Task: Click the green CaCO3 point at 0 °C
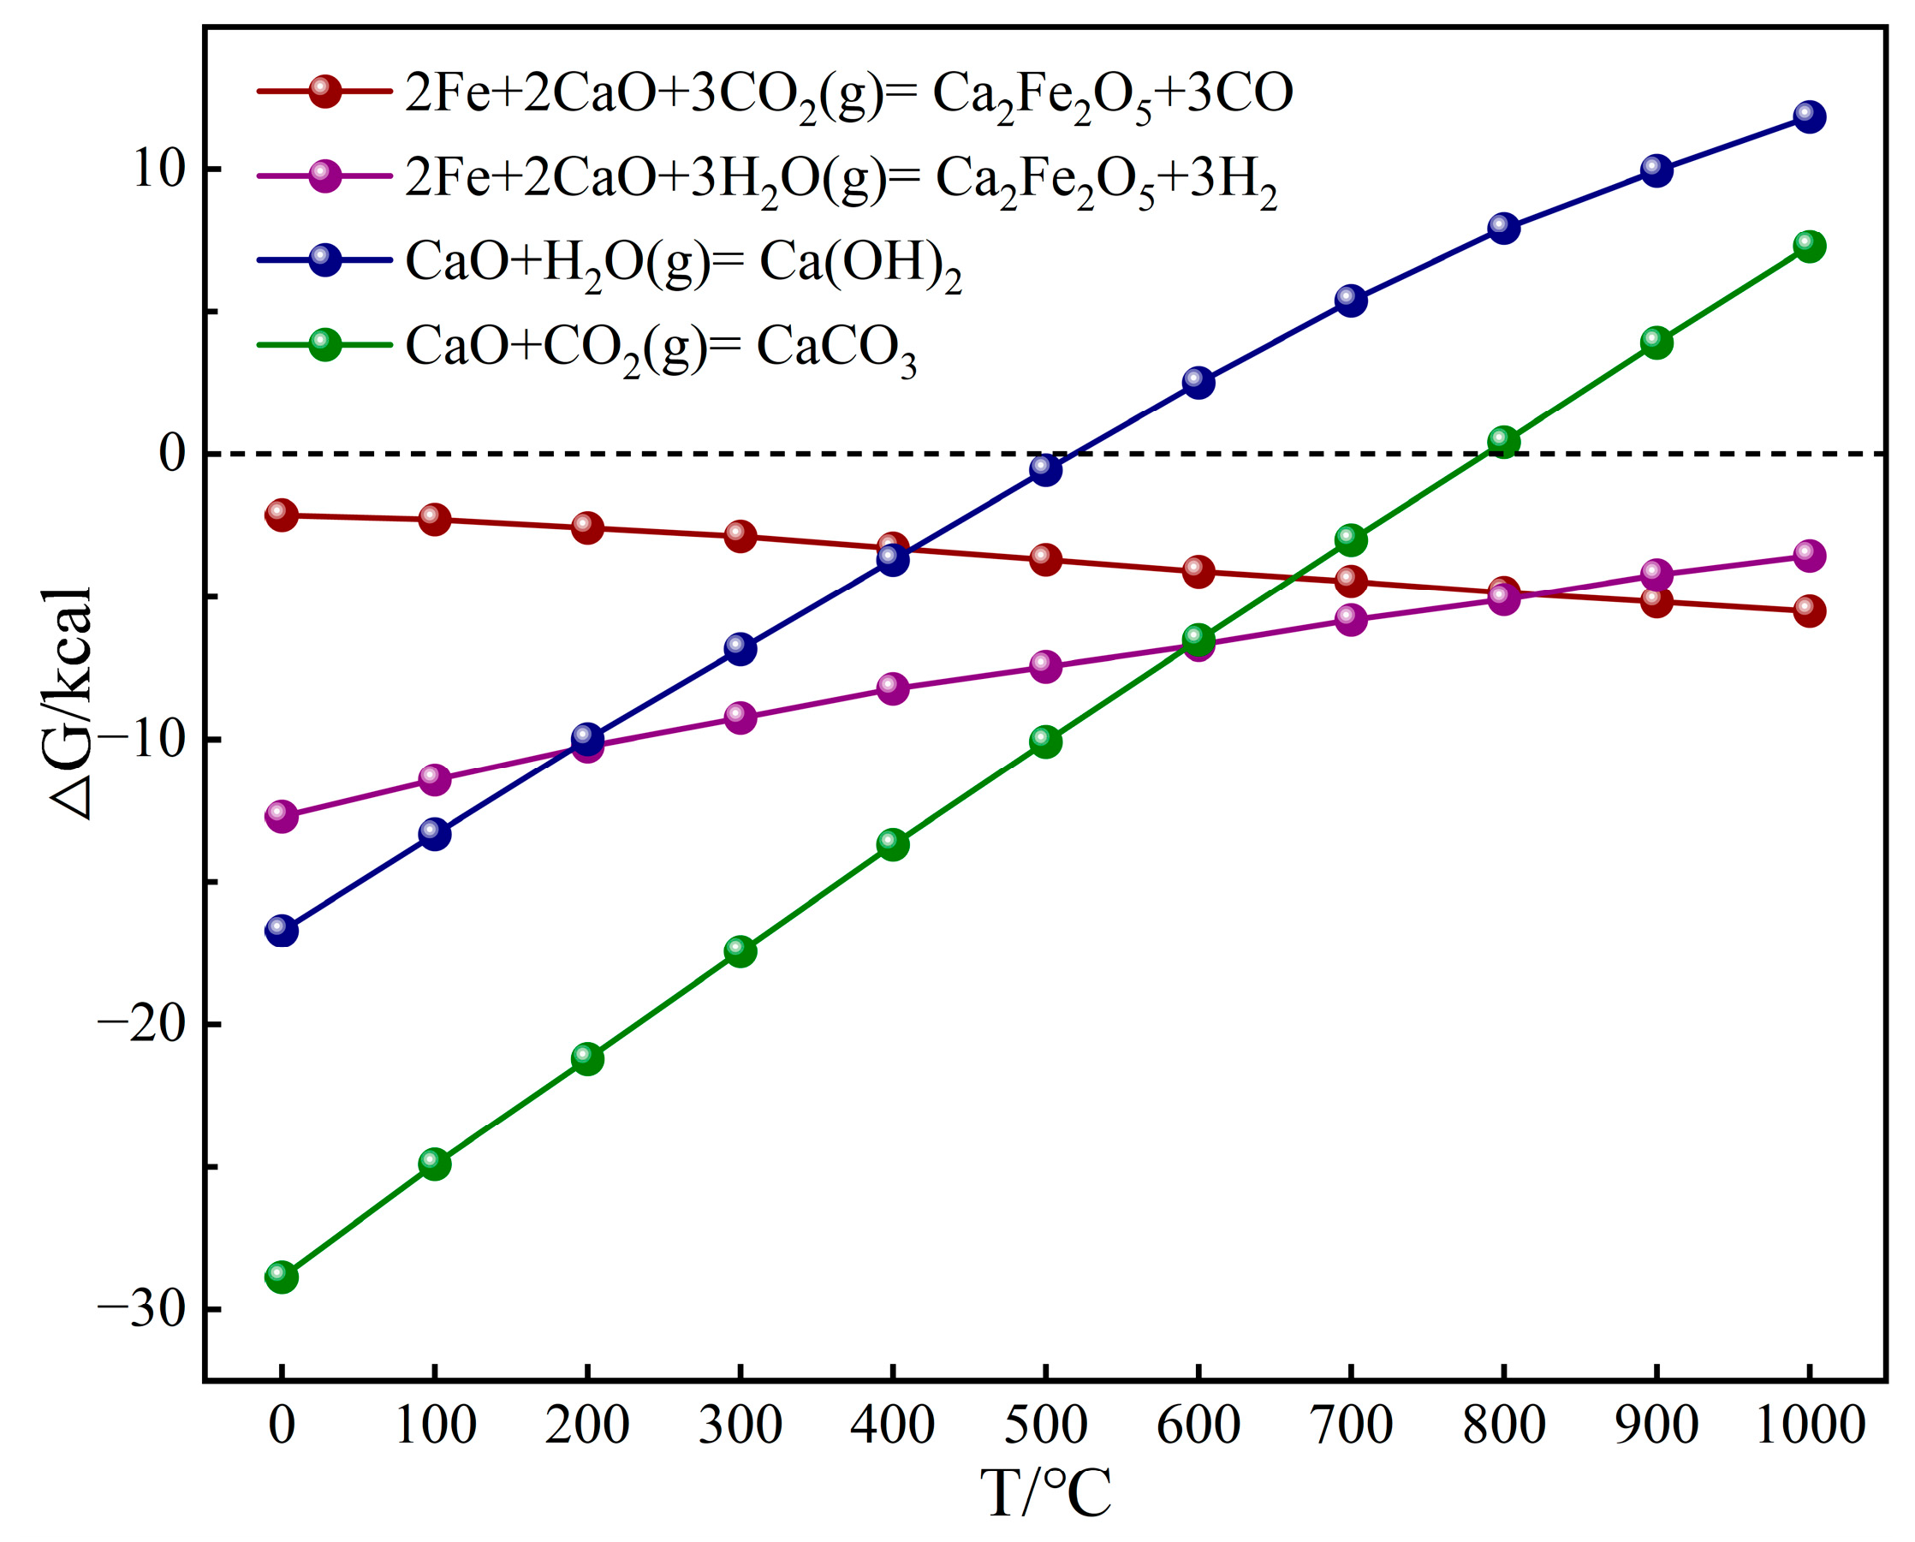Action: coord(282,1277)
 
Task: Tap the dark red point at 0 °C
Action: coord(282,515)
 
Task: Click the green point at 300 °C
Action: coord(740,951)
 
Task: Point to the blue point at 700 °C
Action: coord(1351,301)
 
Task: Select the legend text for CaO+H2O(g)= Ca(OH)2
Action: coord(683,264)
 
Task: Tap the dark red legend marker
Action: coord(325,91)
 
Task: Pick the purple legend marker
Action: coord(325,176)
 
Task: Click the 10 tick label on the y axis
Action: coord(158,169)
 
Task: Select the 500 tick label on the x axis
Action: coord(1045,1426)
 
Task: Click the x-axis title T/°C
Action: coord(1045,1494)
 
